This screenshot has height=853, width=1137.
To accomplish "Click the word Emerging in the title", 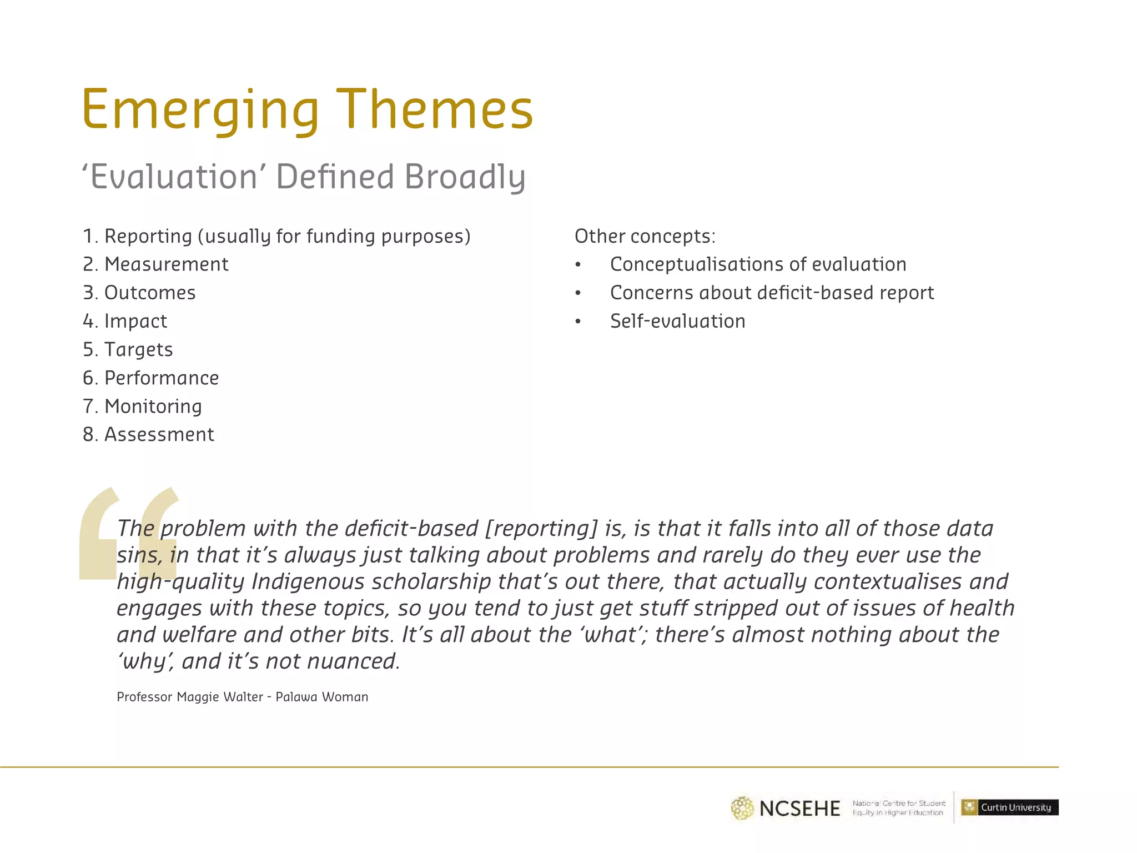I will [x=200, y=110].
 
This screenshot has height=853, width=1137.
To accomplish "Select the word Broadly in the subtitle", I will [x=464, y=177].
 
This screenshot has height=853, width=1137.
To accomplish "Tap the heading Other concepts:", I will [x=645, y=236].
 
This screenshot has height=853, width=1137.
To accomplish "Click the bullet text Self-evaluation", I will [x=677, y=321].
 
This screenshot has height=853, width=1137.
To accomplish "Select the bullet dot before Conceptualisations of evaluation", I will [x=578, y=265].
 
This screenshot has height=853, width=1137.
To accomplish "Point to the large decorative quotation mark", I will [x=129, y=533].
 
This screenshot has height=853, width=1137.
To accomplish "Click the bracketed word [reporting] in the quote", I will [x=541, y=528].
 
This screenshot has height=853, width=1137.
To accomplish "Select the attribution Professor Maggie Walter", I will [x=189, y=697].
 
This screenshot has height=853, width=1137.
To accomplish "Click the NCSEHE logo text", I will [x=799, y=808].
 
